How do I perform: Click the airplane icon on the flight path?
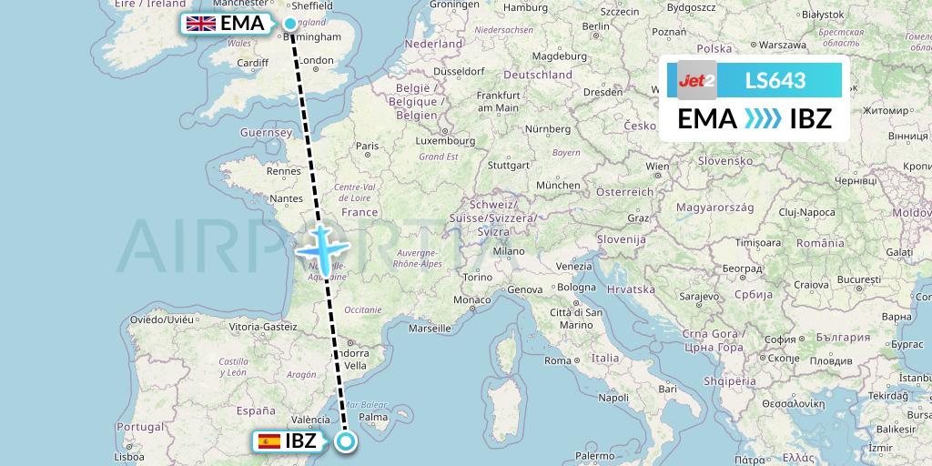click(x=320, y=247)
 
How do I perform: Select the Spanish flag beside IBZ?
click(x=268, y=441)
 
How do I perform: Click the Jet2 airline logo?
click(x=697, y=80)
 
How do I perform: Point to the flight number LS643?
click(x=775, y=80)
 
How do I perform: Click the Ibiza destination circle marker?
click(x=346, y=442)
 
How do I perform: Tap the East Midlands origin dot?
click(x=290, y=24)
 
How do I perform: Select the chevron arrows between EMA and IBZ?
click(x=762, y=119)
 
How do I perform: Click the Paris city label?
click(x=367, y=146)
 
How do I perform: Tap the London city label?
click(x=317, y=61)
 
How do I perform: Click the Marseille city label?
click(x=431, y=328)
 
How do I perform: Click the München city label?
click(x=558, y=185)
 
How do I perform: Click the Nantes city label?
click(x=286, y=198)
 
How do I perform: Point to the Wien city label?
click(x=656, y=167)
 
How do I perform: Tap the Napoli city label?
click(x=614, y=398)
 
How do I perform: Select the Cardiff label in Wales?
click(x=251, y=63)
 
